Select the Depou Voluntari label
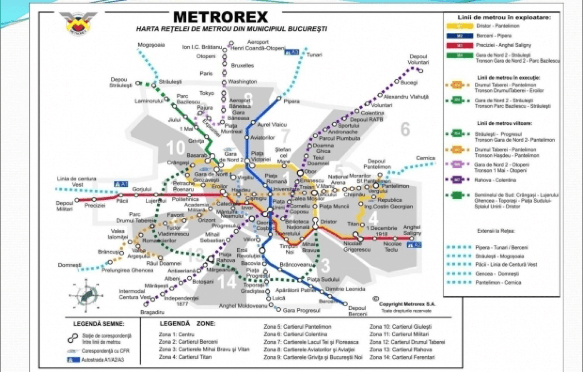[419, 59]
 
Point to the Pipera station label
[291, 102]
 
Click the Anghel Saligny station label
[412, 230]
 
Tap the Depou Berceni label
[357, 311]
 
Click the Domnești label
[70, 265]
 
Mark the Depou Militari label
[65, 206]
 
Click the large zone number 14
[227, 282]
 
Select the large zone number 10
[175, 148]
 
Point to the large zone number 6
[405, 129]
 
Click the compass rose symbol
[86, 295]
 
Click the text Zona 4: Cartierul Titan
[185, 357]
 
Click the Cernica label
[425, 158]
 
